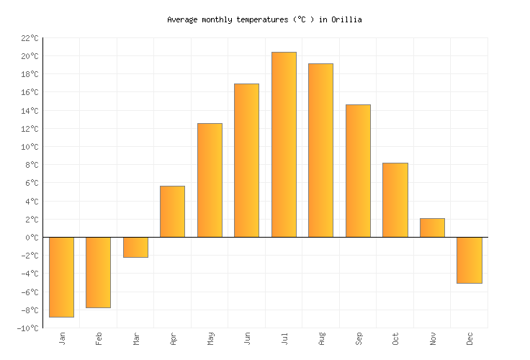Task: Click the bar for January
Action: pyautogui.click(x=61, y=276)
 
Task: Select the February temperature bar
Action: pyautogui.click(x=98, y=272)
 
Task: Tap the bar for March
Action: pyautogui.click(x=135, y=247)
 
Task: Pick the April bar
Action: pyautogui.click(x=172, y=212)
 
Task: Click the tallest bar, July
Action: pyautogui.click(x=284, y=144)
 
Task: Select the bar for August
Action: pyautogui.click(x=320, y=150)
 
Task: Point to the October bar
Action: pyautogui.click(x=395, y=199)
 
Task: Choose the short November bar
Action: pyautogui.click(x=432, y=228)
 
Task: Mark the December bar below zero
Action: pyautogui.click(x=469, y=260)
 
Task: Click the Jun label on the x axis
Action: pyautogui.click(x=247, y=338)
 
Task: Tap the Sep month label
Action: pyautogui.click(x=358, y=338)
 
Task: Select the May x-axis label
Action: pyautogui.click(x=210, y=338)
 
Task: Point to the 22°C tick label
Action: pyautogui.click(x=30, y=38)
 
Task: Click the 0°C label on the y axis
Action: pyautogui.click(x=32, y=238)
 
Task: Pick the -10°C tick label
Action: pyautogui.click(x=28, y=328)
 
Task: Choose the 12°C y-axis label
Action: pyautogui.click(x=30, y=129)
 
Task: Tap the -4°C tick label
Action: pyautogui.click(x=30, y=274)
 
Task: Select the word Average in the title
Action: pyautogui.click(x=182, y=20)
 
